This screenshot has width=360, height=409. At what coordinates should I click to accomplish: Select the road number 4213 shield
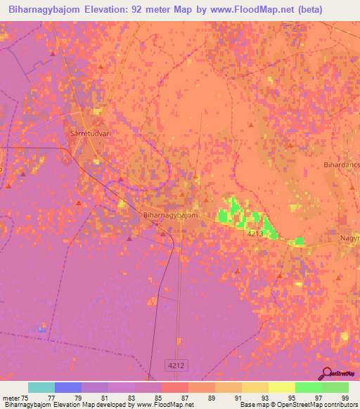pos(257,233)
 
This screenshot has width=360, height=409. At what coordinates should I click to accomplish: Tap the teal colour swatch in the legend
pos(41,387)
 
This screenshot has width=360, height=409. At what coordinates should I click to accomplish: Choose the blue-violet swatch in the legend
pos(68,387)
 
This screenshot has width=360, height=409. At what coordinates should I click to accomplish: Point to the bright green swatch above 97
pos(309,387)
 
